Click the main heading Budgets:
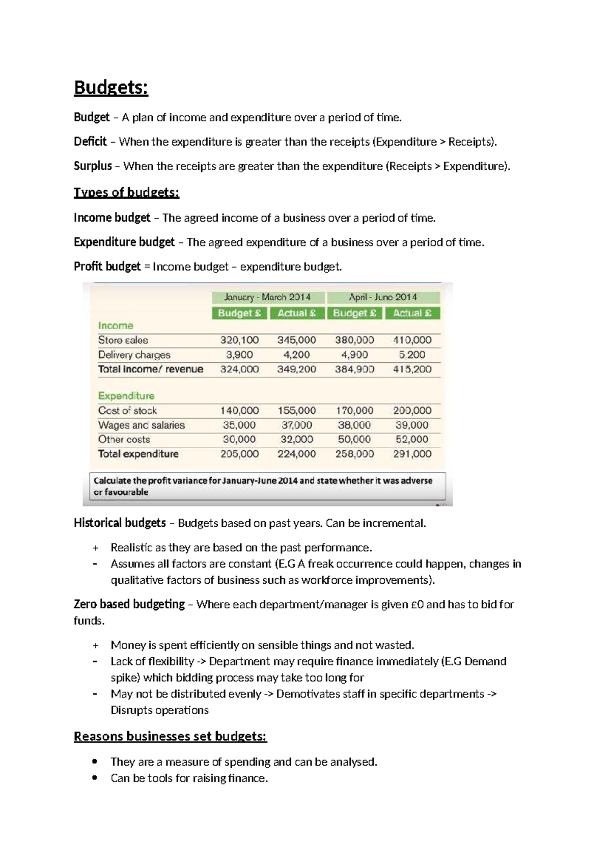(111, 88)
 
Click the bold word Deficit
(90, 142)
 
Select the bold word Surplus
(93, 166)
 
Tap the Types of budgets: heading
(126, 193)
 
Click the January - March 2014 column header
(267, 297)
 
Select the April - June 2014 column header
(383, 297)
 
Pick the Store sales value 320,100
(239, 340)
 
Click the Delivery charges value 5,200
(412, 355)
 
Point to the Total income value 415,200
(412, 369)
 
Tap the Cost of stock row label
(127, 411)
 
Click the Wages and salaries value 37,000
(296, 425)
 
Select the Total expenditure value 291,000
(412, 453)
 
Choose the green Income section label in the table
(116, 326)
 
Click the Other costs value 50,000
(354, 439)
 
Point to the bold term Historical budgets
(120, 523)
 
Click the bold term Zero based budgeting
(129, 604)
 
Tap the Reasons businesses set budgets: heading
(170, 737)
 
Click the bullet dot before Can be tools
(95, 778)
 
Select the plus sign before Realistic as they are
(95, 548)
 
